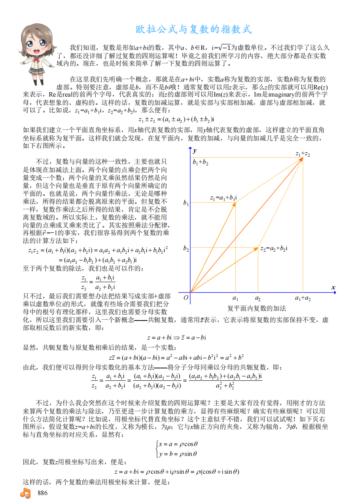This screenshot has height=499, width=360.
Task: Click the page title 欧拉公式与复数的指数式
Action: tap(194, 29)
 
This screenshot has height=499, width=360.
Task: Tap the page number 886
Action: tap(42, 493)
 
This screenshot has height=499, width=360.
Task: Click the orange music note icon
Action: tap(25, 493)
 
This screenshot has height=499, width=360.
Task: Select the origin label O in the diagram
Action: tap(186, 298)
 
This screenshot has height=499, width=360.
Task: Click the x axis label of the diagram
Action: tap(333, 287)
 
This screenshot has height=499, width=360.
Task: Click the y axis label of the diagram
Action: tap(195, 151)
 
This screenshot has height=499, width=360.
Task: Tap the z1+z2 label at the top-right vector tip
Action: tap(302, 154)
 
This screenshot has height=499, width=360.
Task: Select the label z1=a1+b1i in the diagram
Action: tap(224, 197)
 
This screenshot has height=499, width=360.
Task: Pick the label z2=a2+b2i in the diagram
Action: tap(274, 248)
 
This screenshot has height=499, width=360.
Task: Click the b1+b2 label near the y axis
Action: tap(201, 162)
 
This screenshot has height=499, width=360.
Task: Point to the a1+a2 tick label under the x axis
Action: tap(303, 298)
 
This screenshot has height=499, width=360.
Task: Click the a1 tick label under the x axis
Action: tap(235, 298)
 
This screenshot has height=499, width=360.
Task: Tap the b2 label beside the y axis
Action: tap(186, 248)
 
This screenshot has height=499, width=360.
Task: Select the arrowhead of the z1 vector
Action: tap(234, 204)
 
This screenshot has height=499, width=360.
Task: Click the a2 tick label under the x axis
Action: tap(258, 298)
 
